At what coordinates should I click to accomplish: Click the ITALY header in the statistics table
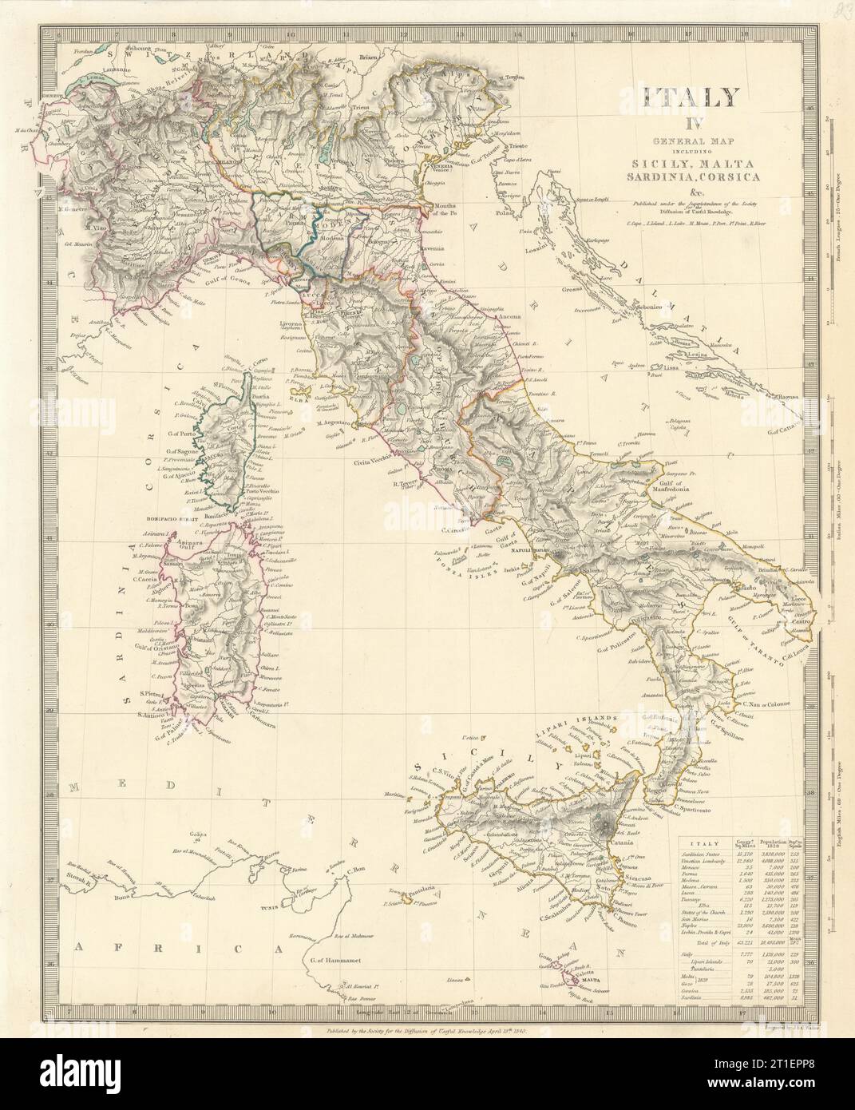(703, 843)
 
